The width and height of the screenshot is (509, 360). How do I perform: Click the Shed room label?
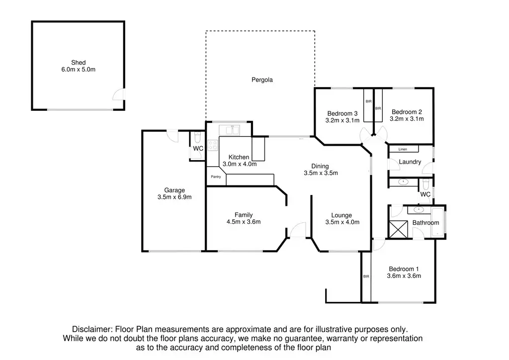(78, 63)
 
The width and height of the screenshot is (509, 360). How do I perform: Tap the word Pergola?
(262, 80)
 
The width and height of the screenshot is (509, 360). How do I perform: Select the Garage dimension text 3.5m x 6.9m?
(174, 197)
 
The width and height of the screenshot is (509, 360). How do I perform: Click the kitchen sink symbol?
(230, 130)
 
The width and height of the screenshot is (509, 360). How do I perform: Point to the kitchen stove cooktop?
(213, 146)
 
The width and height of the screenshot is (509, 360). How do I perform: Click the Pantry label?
(216, 177)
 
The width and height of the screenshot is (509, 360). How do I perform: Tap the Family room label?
(244, 215)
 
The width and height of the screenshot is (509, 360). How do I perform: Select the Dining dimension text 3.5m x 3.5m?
(321, 174)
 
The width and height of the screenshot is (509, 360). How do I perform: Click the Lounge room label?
(341, 215)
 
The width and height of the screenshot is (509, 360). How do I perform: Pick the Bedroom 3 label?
(342, 112)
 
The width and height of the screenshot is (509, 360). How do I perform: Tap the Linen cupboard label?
(403, 149)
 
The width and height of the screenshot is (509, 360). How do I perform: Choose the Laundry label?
(410, 162)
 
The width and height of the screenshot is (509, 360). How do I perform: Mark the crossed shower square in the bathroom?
(398, 229)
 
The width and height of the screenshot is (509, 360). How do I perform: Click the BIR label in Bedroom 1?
(366, 276)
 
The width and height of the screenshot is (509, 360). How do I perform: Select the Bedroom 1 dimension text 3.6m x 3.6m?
(405, 276)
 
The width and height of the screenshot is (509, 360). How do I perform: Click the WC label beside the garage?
(198, 149)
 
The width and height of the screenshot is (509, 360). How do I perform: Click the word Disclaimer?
(92, 329)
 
